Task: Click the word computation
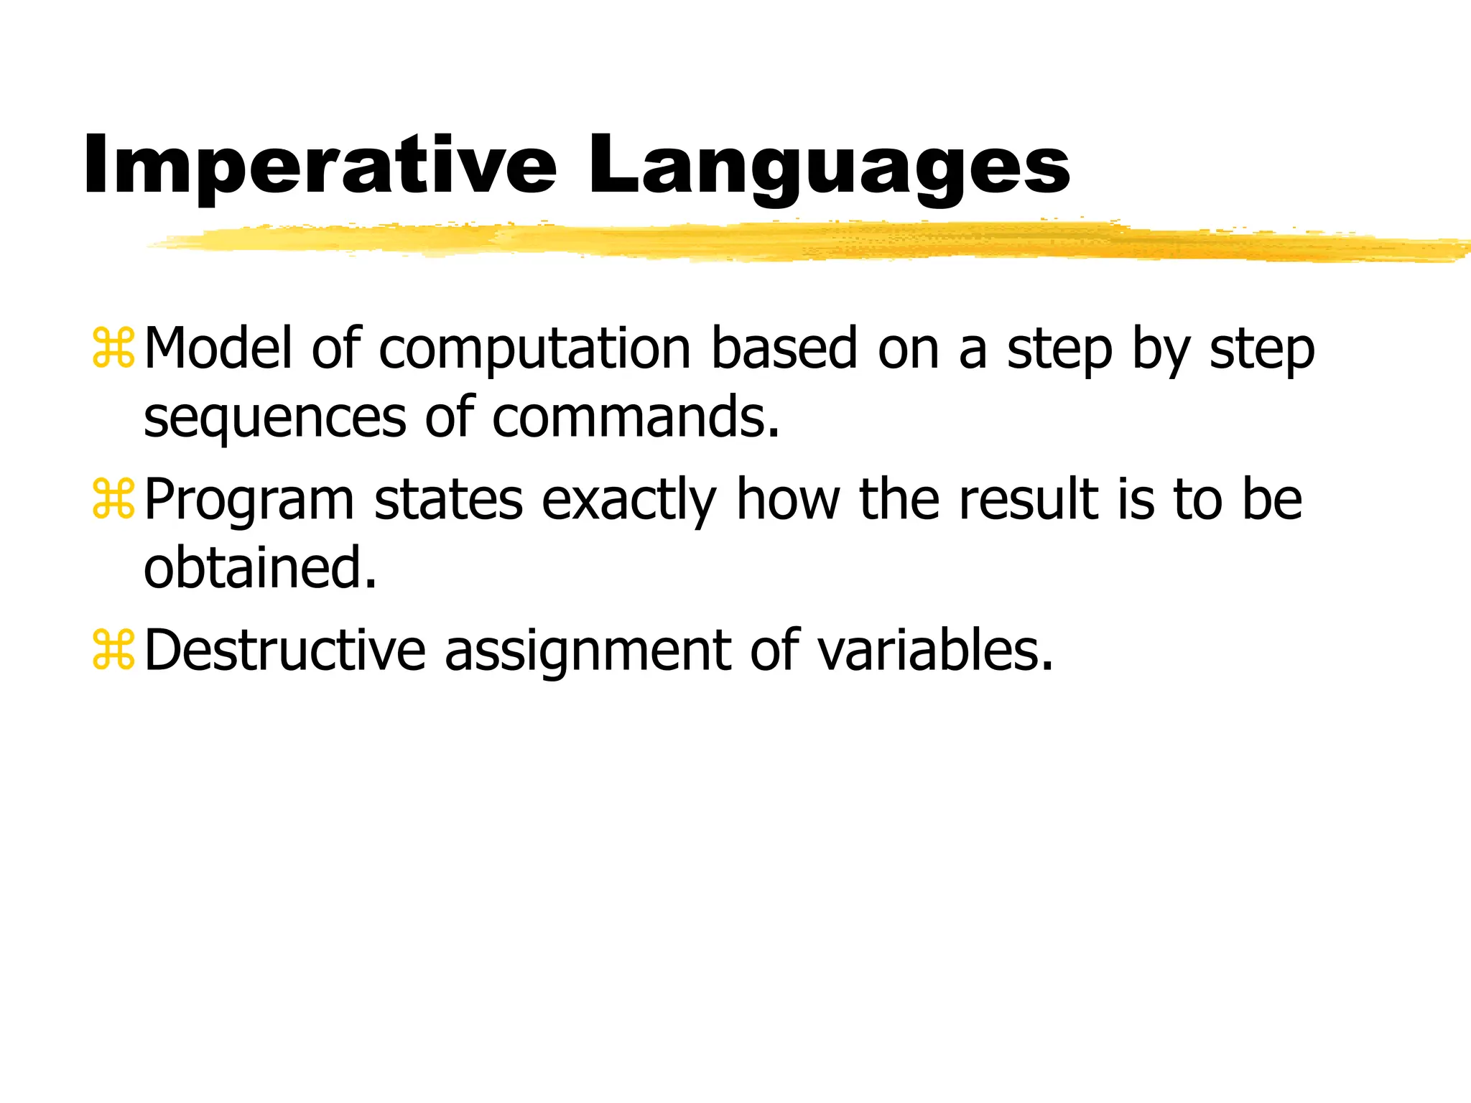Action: tap(534, 350)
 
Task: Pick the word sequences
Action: tap(275, 419)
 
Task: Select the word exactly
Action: tap(628, 501)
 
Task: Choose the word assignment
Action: tap(588, 651)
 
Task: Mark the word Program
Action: tap(249, 501)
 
